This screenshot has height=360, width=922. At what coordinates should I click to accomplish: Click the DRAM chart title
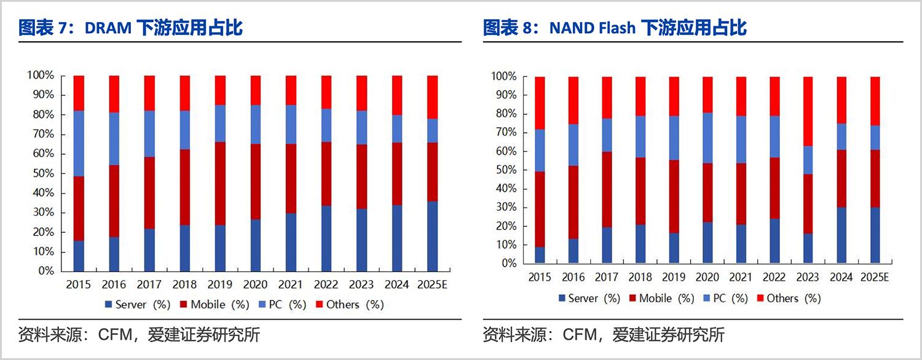click(x=130, y=28)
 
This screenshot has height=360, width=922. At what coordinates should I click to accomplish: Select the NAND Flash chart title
click(x=614, y=28)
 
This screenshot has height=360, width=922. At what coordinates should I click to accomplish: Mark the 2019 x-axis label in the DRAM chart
click(x=220, y=284)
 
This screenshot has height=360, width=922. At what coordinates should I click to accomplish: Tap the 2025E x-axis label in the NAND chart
click(x=875, y=278)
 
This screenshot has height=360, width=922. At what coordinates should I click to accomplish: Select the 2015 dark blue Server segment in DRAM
click(x=79, y=256)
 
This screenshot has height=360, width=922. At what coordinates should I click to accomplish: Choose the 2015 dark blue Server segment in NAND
click(x=539, y=255)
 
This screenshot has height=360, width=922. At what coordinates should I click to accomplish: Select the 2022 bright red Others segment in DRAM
click(x=326, y=92)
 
